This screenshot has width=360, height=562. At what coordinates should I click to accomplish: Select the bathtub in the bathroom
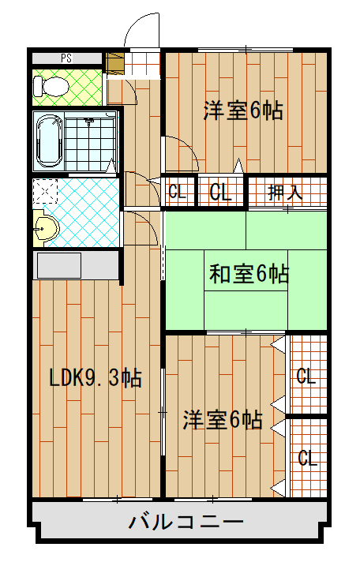[50, 140]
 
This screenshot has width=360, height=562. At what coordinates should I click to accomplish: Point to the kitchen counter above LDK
[75, 265]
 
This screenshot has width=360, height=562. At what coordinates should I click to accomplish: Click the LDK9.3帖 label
[96, 378]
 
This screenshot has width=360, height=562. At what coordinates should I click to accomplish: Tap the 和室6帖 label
[249, 275]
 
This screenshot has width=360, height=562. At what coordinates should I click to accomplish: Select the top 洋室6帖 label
[243, 111]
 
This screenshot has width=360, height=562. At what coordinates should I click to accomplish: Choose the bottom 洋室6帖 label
[223, 419]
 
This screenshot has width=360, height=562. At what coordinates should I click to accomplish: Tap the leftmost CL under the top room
[178, 191]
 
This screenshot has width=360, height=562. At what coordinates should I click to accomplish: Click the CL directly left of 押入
[220, 191]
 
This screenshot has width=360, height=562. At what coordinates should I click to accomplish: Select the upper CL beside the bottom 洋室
[306, 377]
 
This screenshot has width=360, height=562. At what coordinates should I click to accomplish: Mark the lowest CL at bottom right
[307, 458]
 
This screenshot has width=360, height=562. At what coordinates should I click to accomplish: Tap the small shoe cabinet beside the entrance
[114, 62]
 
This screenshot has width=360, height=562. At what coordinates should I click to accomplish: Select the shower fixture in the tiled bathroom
[89, 123]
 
